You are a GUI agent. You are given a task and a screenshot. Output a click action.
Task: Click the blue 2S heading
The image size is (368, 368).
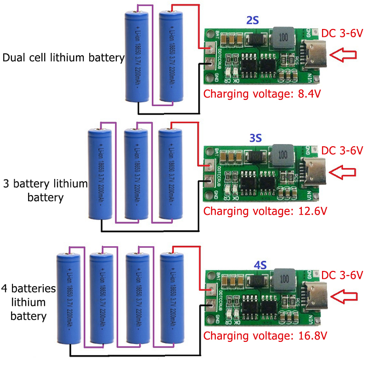(252, 20)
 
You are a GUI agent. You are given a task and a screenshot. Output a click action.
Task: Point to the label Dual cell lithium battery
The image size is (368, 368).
(63, 58)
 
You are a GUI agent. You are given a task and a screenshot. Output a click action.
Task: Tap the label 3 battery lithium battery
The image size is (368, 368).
(45, 190)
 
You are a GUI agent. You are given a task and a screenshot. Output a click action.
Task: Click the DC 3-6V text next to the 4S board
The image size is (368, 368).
(342, 275)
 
